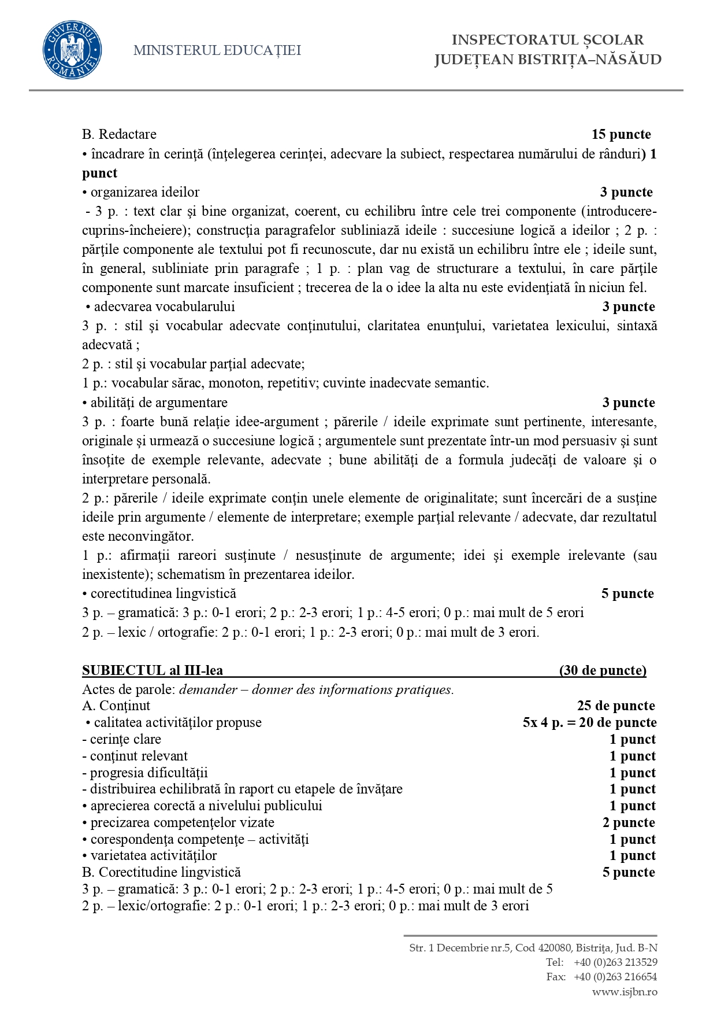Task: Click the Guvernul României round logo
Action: tap(72, 50)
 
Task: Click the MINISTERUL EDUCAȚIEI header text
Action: tap(217, 50)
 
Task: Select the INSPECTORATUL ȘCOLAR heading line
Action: tap(547, 40)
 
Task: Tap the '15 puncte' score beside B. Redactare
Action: tap(621, 135)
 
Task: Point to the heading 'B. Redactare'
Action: tap(119, 135)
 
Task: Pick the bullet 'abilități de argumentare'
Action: tap(159, 403)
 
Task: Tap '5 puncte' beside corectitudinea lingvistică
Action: tap(627, 593)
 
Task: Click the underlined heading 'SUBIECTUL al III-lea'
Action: tap(153, 670)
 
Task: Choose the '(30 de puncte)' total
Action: tap(603, 670)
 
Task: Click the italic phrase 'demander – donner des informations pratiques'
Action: tap(316, 689)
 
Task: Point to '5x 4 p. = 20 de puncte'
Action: tap(589, 722)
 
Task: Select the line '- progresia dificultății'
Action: tap(145, 773)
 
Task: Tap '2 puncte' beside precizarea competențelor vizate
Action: tap(629, 822)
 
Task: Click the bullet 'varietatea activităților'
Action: tap(153, 855)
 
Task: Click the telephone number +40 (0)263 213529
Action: tap(615, 962)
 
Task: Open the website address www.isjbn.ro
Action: tap(625, 992)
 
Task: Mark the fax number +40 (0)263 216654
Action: tap(615, 977)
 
